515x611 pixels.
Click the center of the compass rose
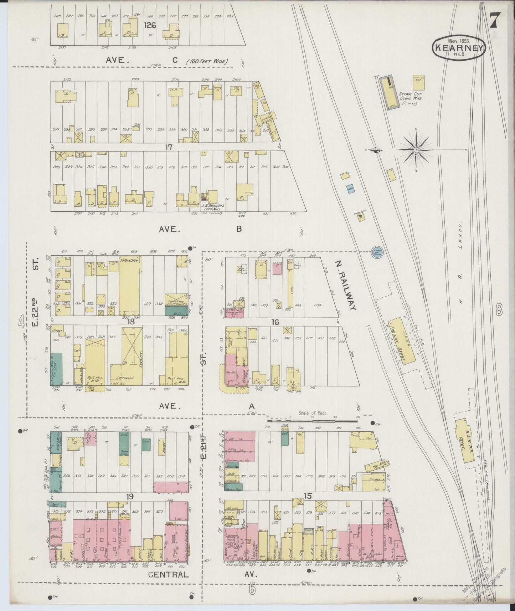[x=416, y=150]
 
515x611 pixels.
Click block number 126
[x=150, y=25]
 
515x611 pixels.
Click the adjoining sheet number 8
[x=499, y=309]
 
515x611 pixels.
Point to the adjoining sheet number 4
[x=22, y=323]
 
